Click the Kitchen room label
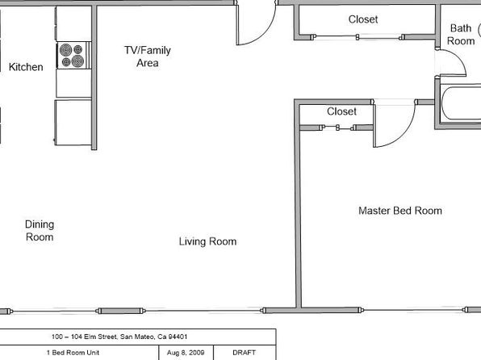[x=26, y=67]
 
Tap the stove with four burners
[x=70, y=55]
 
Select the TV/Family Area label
[x=147, y=57]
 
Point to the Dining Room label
[x=40, y=231]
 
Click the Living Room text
[x=207, y=241]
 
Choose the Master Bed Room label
[x=399, y=211]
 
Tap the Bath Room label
[x=461, y=35]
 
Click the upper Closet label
[x=362, y=19]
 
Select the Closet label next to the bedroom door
[x=341, y=112]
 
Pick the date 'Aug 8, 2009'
[x=186, y=353]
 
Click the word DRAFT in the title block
[x=245, y=353]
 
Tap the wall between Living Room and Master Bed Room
[x=296, y=210]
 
